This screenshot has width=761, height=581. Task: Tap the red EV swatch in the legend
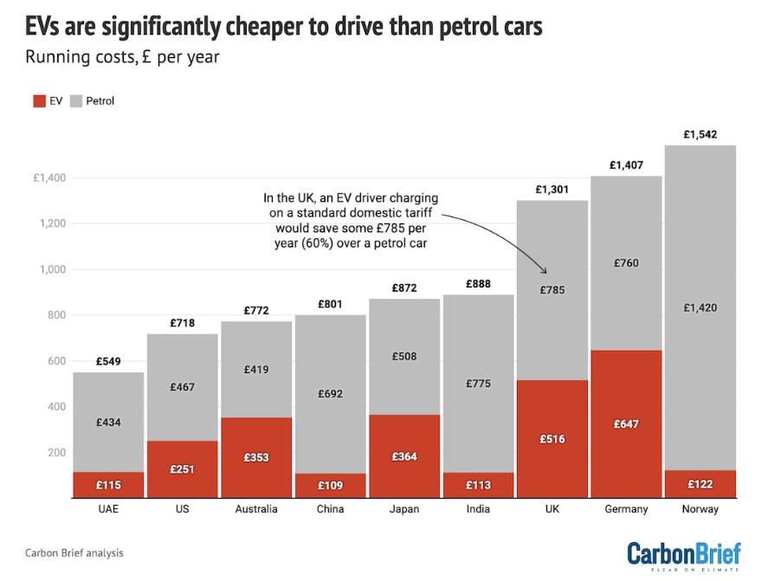pyautogui.click(x=38, y=100)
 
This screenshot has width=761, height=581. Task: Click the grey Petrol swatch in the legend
pyautogui.click(x=75, y=100)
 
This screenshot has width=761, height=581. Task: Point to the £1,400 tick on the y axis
pyautogui.click(x=49, y=178)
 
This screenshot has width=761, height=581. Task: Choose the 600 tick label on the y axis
pyautogui.click(x=55, y=361)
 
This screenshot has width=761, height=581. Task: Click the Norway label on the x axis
pyautogui.click(x=699, y=509)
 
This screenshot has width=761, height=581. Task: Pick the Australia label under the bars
pyautogui.click(x=256, y=509)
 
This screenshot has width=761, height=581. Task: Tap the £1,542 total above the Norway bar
pyautogui.click(x=699, y=134)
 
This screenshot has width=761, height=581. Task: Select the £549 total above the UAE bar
pyautogui.click(x=108, y=361)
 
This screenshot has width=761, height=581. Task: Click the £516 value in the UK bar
pyautogui.click(x=551, y=439)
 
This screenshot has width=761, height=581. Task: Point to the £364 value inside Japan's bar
pyautogui.click(x=404, y=456)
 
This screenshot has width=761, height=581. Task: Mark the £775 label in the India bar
pyautogui.click(x=478, y=383)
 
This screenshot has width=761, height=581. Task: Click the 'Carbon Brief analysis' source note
pyautogui.click(x=74, y=552)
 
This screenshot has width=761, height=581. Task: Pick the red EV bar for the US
pyautogui.click(x=182, y=469)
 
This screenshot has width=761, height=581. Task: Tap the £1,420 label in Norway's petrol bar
pyautogui.click(x=699, y=307)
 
